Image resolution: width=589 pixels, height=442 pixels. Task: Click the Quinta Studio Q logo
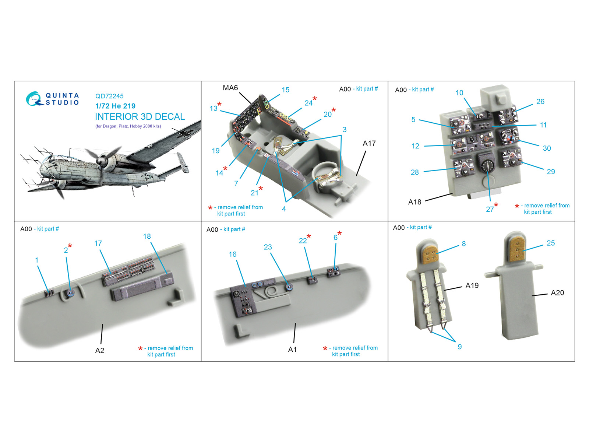click(x=34, y=99)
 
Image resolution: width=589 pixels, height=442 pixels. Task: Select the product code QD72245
click(x=109, y=96)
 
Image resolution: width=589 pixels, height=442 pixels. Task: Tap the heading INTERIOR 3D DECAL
click(x=140, y=117)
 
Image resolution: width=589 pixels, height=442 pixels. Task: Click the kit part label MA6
click(x=230, y=88)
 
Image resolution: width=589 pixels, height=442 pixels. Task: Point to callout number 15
click(x=286, y=90)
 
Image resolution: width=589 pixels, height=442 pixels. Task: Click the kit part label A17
click(x=369, y=143)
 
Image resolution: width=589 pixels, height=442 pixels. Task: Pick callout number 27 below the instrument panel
click(x=490, y=209)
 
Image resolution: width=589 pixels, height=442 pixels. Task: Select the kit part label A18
click(x=415, y=202)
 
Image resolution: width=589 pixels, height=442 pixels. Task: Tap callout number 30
click(x=547, y=148)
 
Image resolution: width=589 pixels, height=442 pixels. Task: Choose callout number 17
click(x=98, y=243)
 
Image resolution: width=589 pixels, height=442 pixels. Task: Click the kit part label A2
click(x=99, y=350)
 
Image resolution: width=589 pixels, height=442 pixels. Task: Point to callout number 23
click(x=268, y=247)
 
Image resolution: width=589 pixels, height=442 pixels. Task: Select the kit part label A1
click(x=292, y=350)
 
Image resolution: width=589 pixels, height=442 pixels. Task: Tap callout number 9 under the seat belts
click(x=460, y=347)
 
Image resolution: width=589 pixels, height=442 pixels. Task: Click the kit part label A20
click(x=557, y=292)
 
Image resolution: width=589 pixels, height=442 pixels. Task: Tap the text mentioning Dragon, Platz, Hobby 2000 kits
click(x=128, y=126)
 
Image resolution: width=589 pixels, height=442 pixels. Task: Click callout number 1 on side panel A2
click(x=36, y=260)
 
